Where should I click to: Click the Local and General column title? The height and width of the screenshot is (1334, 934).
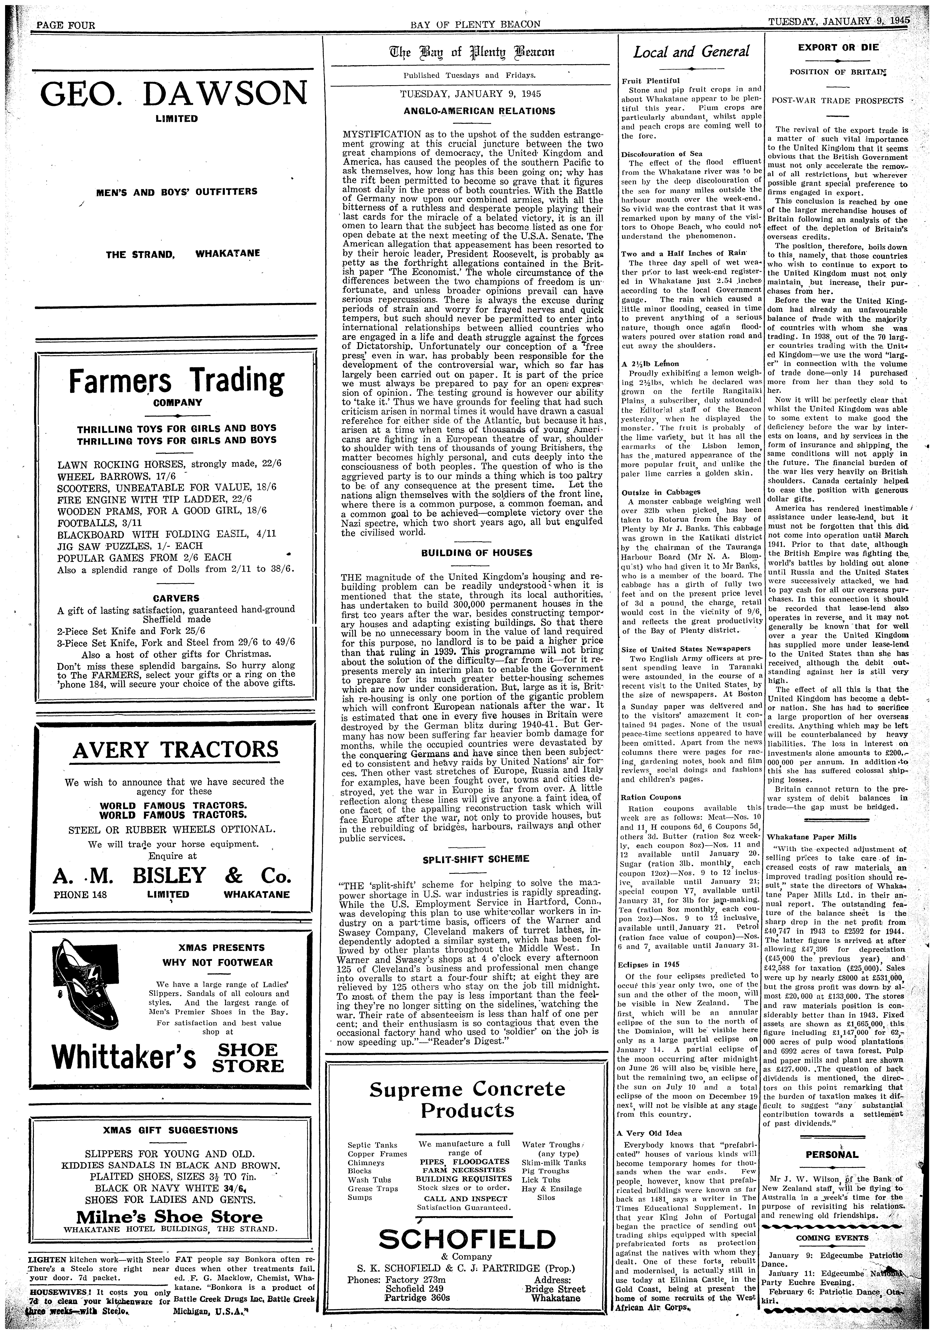click(691, 52)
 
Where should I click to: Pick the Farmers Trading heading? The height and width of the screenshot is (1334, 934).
click(176, 381)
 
